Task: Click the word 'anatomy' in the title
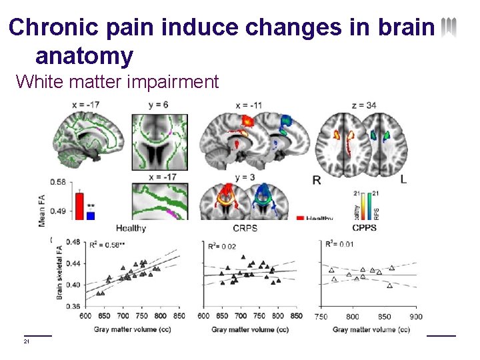click(x=84, y=55)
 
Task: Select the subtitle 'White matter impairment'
click(x=117, y=82)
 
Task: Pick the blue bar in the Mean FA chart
click(x=91, y=215)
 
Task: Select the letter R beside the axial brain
click(x=317, y=179)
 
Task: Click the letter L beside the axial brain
click(x=403, y=179)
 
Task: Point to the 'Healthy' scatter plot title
click(x=131, y=228)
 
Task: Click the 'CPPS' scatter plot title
click(x=364, y=228)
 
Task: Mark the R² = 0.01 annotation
click(x=339, y=244)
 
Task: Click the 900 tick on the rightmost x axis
click(x=416, y=317)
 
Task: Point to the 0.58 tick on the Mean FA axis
click(x=58, y=182)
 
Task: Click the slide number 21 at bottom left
click(x=27, y=342)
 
